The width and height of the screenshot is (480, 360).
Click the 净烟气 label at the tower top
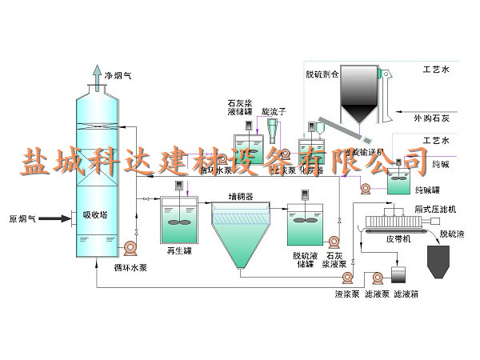(x=118, y=76)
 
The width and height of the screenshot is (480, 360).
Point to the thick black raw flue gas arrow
(x=54, y=217)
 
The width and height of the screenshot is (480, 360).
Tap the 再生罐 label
(x=177, y=250)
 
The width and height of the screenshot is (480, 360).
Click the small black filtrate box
(x=398, y=274)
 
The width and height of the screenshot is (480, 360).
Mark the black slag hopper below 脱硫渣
(x=442, y=260)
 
